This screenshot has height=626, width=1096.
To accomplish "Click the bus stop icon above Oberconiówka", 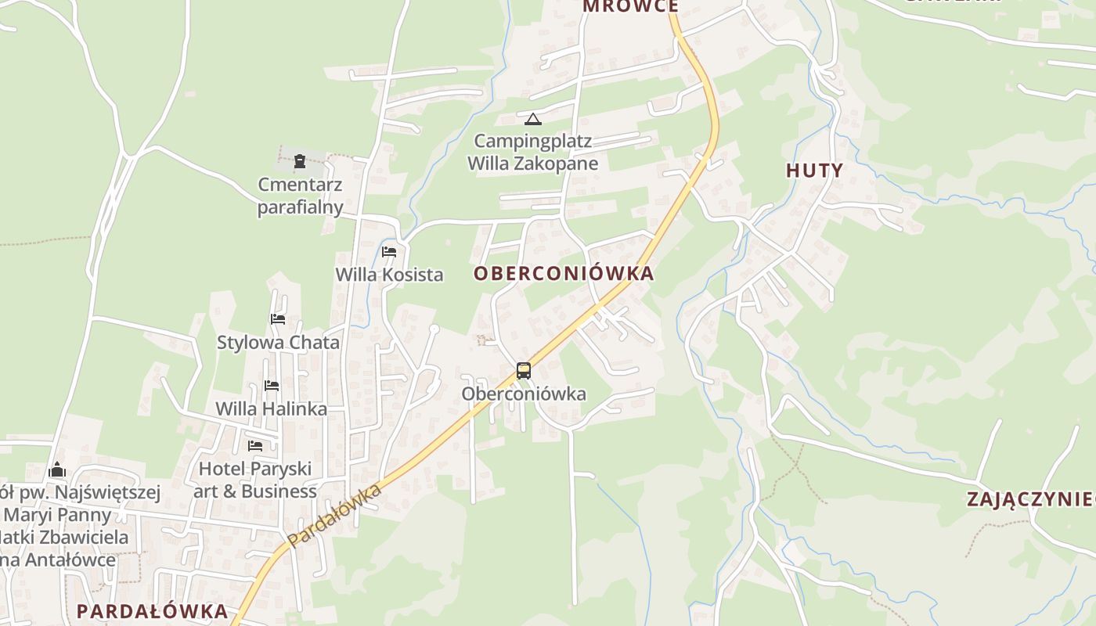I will (524, 371).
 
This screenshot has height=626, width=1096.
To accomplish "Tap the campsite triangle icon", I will (533, 119).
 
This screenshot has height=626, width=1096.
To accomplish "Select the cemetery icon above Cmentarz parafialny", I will (300, 162).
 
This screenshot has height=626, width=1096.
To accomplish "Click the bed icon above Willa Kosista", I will (389, 252).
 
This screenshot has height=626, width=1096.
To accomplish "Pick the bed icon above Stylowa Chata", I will (278, 319).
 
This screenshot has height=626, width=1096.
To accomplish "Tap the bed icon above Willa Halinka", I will (272, 386).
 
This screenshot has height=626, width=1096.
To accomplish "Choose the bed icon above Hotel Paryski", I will (255, 446).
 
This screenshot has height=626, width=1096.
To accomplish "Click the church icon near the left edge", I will (57, 469).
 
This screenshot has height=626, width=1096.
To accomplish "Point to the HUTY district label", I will (814, 171).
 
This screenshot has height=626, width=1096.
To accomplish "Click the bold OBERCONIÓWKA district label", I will (564, 273).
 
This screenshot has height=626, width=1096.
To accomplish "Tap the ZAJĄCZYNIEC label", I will (1029, 499).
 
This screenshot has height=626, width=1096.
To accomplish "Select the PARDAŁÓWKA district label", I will (152, 610).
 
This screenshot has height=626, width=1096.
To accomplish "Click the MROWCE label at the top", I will (630, 7).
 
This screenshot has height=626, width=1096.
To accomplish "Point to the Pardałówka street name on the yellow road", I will (334, 516).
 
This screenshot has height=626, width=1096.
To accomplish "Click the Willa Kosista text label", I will (389, 275).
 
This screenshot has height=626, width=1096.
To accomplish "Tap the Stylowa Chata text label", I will (278, 342).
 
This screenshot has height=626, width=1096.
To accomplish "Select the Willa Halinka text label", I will (271, 408).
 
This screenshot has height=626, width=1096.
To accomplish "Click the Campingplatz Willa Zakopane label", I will (533, 153).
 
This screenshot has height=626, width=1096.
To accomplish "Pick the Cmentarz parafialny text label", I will (301, 196).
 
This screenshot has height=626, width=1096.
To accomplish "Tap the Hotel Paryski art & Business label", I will (255, 480).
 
